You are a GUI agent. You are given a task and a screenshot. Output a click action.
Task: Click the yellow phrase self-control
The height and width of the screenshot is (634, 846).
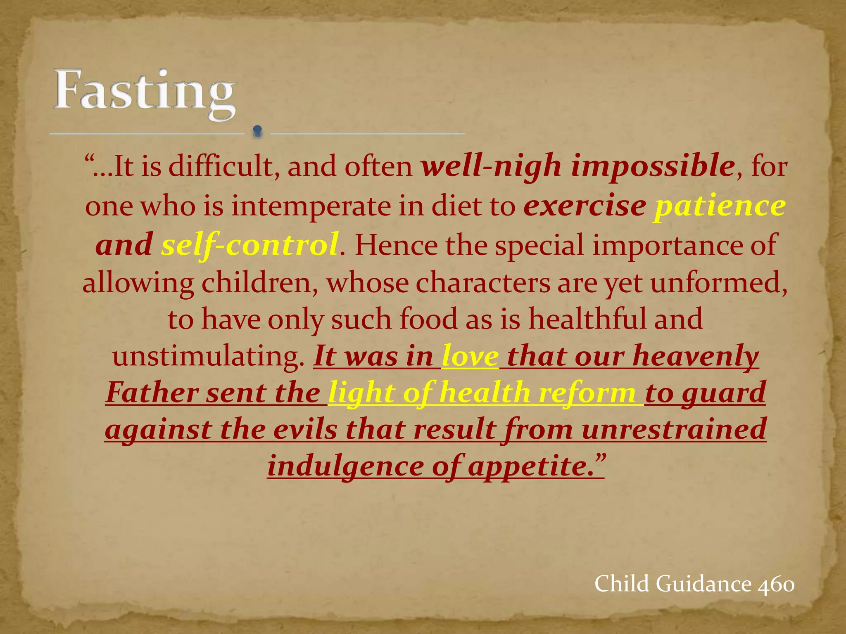pyautogui.click(x=250, y=244)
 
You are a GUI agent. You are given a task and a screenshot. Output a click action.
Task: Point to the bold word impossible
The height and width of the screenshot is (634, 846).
pyautogui.click(x=653, y=166)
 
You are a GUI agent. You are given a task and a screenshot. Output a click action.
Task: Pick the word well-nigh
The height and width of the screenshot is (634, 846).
pyautogui.click(x=492, y=167)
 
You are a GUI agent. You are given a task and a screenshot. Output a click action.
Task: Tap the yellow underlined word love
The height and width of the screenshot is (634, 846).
pyautogui.click(x=470, y=356)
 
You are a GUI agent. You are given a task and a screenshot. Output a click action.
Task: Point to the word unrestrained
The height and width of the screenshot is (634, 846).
pyautogui.click(x=674, y=429)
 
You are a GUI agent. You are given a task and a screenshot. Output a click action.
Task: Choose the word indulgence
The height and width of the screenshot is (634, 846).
pyautogui.click(x=345, y=466)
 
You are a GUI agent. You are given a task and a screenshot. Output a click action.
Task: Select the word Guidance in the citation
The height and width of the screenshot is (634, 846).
pyautogui.click(x=703, y=584)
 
